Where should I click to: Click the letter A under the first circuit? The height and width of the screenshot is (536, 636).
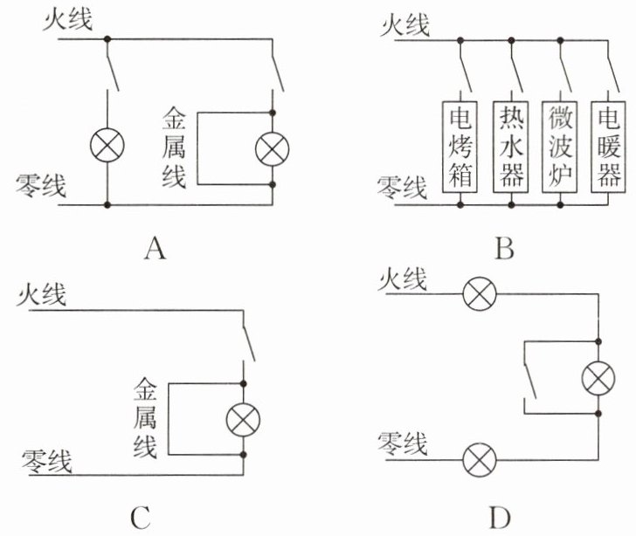coord(155,248)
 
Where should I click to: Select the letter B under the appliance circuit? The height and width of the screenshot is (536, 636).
coord(505,248)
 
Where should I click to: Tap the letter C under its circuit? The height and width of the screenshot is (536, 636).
coord(141,518)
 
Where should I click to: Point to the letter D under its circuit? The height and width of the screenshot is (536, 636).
coord(500,518)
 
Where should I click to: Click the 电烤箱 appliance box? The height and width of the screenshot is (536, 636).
coord(460,147)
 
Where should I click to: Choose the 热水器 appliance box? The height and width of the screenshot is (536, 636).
coord(511,147)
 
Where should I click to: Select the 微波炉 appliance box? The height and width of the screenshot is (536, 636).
coord(560,147)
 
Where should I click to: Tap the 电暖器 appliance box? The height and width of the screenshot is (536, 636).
coord(608,147)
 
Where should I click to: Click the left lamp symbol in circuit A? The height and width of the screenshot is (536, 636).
coord(107,145)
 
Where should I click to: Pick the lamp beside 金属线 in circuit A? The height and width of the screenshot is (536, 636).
coord(273,148)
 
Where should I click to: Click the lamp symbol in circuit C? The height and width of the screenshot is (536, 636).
coord(243,420)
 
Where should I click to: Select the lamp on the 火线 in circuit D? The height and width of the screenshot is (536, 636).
coord(480,293)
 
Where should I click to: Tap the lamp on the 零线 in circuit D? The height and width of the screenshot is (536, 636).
coord(480,460)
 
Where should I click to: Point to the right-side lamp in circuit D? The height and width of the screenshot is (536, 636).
coord(598,378)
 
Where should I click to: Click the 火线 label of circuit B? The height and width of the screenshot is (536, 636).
coord(404,24)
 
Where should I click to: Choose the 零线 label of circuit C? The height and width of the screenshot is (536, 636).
coord(46,461)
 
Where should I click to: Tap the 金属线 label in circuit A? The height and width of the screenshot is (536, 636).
coord(174,148)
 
